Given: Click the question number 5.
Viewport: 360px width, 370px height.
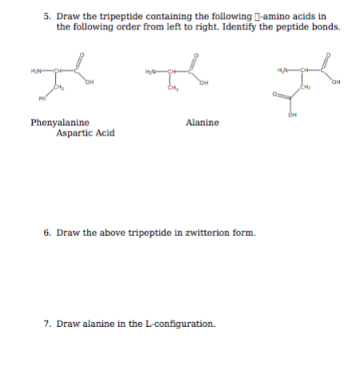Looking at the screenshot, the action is click(x=47, y=16).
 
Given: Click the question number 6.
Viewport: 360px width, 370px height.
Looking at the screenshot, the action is click(x=47, y=234).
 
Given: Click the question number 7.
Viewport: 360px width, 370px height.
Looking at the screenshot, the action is click(x=47, y=325).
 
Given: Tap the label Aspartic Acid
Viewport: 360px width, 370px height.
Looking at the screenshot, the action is click(x=85, y=133).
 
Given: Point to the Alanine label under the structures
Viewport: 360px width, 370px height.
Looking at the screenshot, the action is click(x=202, y=123).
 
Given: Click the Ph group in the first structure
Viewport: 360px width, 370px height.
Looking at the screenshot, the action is click(x=40, y=99).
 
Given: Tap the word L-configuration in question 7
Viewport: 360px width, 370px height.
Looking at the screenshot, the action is click(x=178, y=325).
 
